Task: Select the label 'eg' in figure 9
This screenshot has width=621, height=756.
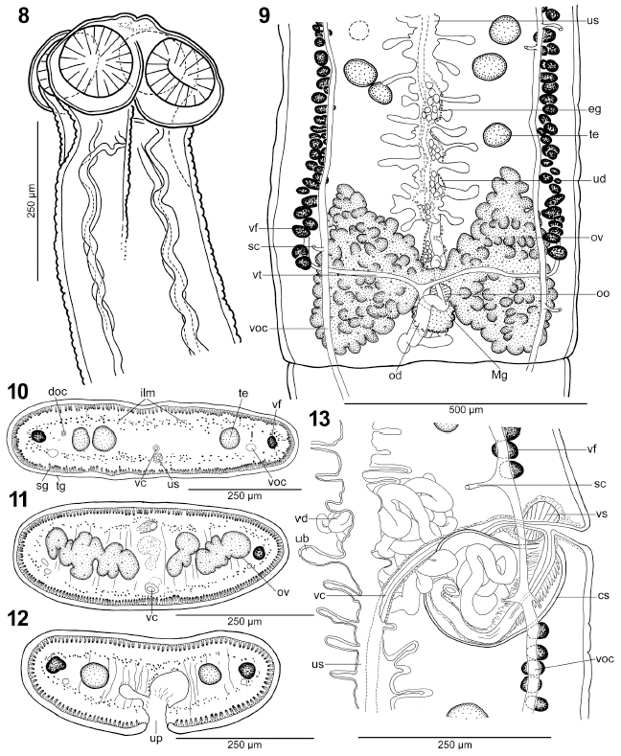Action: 595,110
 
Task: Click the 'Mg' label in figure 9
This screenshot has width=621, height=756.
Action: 500,374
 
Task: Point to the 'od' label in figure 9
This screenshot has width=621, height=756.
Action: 395,374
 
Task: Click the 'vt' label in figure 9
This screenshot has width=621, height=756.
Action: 256,273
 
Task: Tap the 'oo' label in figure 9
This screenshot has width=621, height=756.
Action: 603,293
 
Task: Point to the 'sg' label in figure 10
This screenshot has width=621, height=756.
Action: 43,486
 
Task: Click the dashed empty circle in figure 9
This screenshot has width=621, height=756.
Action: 358,31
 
